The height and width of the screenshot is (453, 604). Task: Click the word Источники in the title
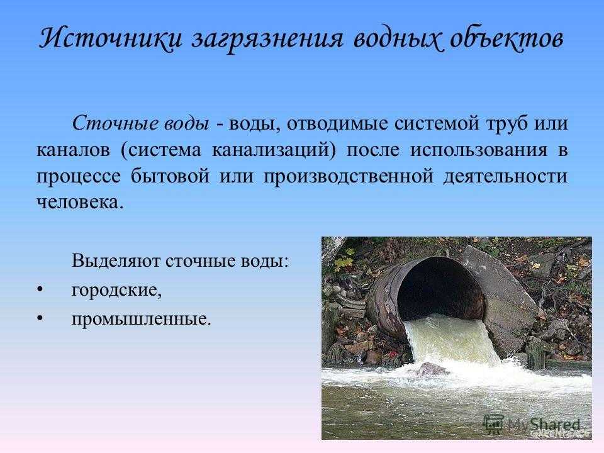[x=110, y=38]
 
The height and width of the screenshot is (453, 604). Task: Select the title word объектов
[x=506, y=38]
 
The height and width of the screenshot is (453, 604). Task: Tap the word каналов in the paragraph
[x=73, y=150]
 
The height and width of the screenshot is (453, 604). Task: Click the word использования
[x=478, y=151]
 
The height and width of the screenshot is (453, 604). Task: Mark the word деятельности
[x=505, y=177]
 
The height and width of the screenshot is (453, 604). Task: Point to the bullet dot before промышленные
[x=40, y=318]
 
